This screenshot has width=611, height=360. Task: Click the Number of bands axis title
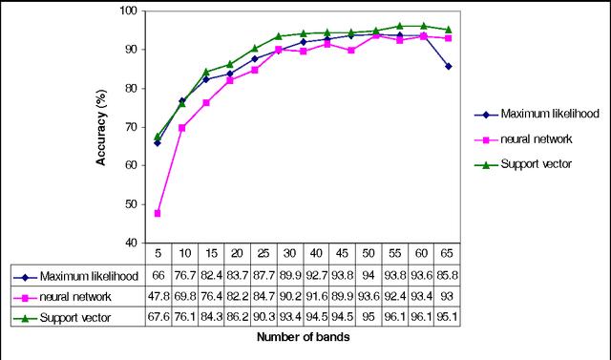(x=308, y=338)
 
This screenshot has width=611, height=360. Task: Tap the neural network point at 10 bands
(x=181, y=127)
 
